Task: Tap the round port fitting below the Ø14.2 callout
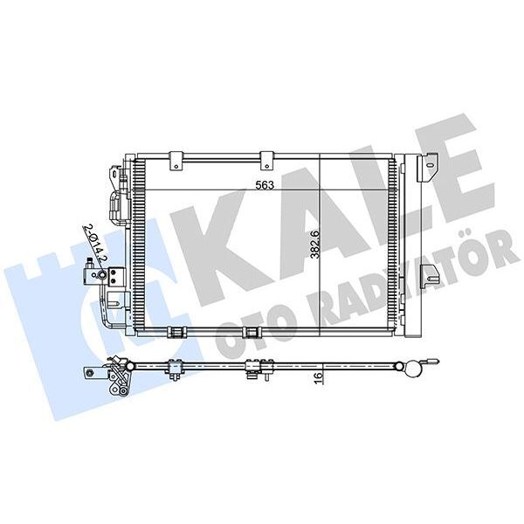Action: (100, 276)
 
